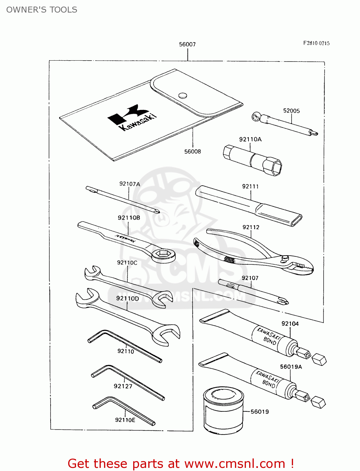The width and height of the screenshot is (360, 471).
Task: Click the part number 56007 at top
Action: coord(187,44)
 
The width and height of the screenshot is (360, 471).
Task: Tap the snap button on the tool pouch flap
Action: coord(183,95)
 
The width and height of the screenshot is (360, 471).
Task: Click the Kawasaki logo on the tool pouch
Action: coord(132,118)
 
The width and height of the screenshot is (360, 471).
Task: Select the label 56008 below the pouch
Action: coord(192,151)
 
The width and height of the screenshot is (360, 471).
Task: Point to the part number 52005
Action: coord(291,111)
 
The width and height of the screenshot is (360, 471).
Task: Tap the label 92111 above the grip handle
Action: coord(250,186)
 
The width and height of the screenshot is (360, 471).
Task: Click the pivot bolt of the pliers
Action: coord(285,258)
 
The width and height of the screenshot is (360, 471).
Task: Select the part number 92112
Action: coord(251,227)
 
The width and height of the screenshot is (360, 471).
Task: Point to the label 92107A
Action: coord(129,184)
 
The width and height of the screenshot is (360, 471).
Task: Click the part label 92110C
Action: coord(127,263)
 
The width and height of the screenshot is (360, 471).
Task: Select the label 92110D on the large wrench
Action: coord(127,298)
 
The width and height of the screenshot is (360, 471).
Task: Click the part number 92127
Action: coord(123,386)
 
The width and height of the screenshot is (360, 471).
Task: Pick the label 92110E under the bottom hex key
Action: coord(125,420)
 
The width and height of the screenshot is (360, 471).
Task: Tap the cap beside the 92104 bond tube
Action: coord(319,359)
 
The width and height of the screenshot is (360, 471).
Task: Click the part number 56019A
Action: coord(291,366)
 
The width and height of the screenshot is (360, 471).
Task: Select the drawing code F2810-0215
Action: coord(316,43)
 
